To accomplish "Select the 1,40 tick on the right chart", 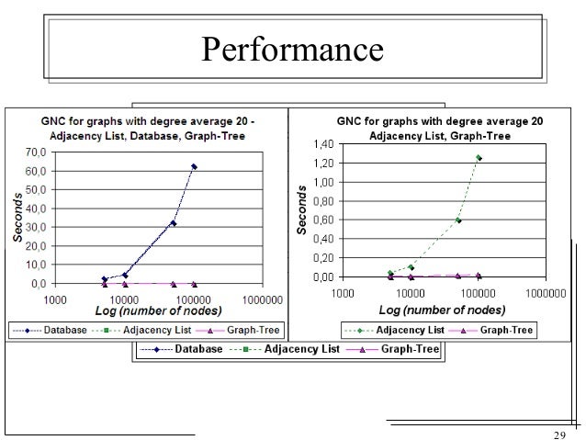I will pyautogui.click(x=323, y=144).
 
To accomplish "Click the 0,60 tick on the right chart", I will pyautogui.click(x=323, y=220).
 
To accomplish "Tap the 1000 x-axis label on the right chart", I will pyautogui.click(x=343, y=292).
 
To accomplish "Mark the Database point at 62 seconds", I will pyautogui.click(x=194, y=166).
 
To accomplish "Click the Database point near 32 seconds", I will pyautogui.click(x=173, y=223).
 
